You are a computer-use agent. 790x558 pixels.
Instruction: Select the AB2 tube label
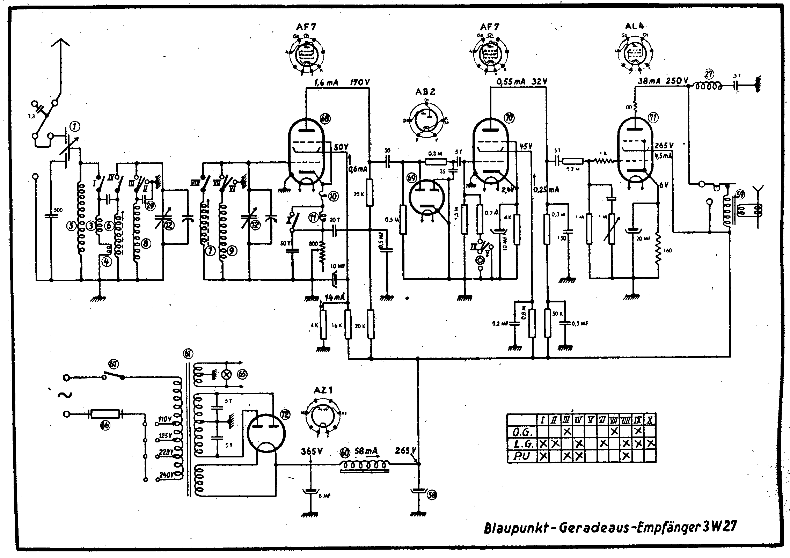(425, 92)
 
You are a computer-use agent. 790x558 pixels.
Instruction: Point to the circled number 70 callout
(510, 118)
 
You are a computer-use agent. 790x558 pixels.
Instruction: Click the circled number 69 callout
(412, 178)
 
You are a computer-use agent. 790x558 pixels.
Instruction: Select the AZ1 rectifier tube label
(322, 390)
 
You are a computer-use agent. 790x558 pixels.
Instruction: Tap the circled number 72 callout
(285, 414)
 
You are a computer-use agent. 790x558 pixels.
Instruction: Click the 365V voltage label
(311, 451)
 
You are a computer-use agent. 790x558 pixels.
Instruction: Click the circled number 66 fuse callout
(105, 426)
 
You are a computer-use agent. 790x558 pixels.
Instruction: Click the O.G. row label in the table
(522, 432)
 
